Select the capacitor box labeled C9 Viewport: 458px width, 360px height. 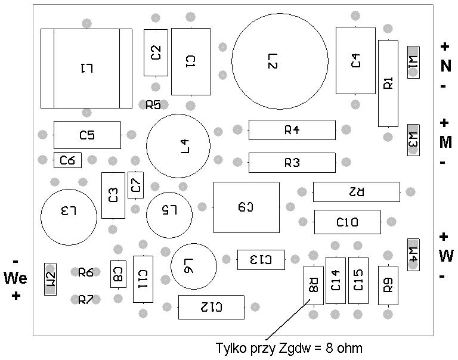click(246, 207)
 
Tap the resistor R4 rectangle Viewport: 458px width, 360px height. click(292, 130)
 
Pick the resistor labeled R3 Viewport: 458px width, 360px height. click(292, 163)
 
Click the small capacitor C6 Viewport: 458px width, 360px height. click(67, 160)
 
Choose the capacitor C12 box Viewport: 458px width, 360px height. click(211, 307)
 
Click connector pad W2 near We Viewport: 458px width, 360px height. click(50, 279)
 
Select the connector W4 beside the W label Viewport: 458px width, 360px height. click(413, 255)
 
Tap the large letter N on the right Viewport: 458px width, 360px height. click(445, 66)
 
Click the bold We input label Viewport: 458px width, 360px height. click(16, 278)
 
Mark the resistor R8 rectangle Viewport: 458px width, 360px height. click(314, 285)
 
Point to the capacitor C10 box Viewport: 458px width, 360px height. click(348, 222)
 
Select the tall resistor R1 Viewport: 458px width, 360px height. click(388, 83)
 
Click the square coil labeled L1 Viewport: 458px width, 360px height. click(86, 69)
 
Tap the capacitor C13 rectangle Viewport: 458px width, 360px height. click(261, 259)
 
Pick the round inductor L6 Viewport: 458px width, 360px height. click(194, 266)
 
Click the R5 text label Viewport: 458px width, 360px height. click(153, 104)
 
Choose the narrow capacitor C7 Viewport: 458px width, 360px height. click(135, 185)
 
